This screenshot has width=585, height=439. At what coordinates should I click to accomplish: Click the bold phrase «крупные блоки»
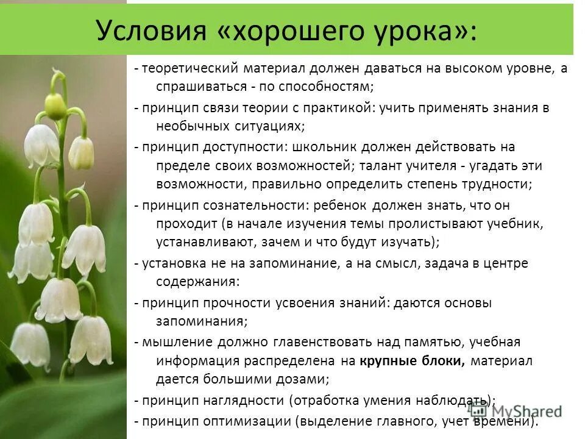(413, 361)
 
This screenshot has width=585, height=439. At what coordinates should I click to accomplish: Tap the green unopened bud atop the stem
(55, 106)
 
